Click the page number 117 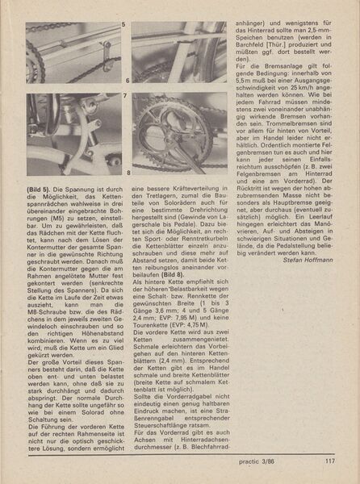pos(329,461)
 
